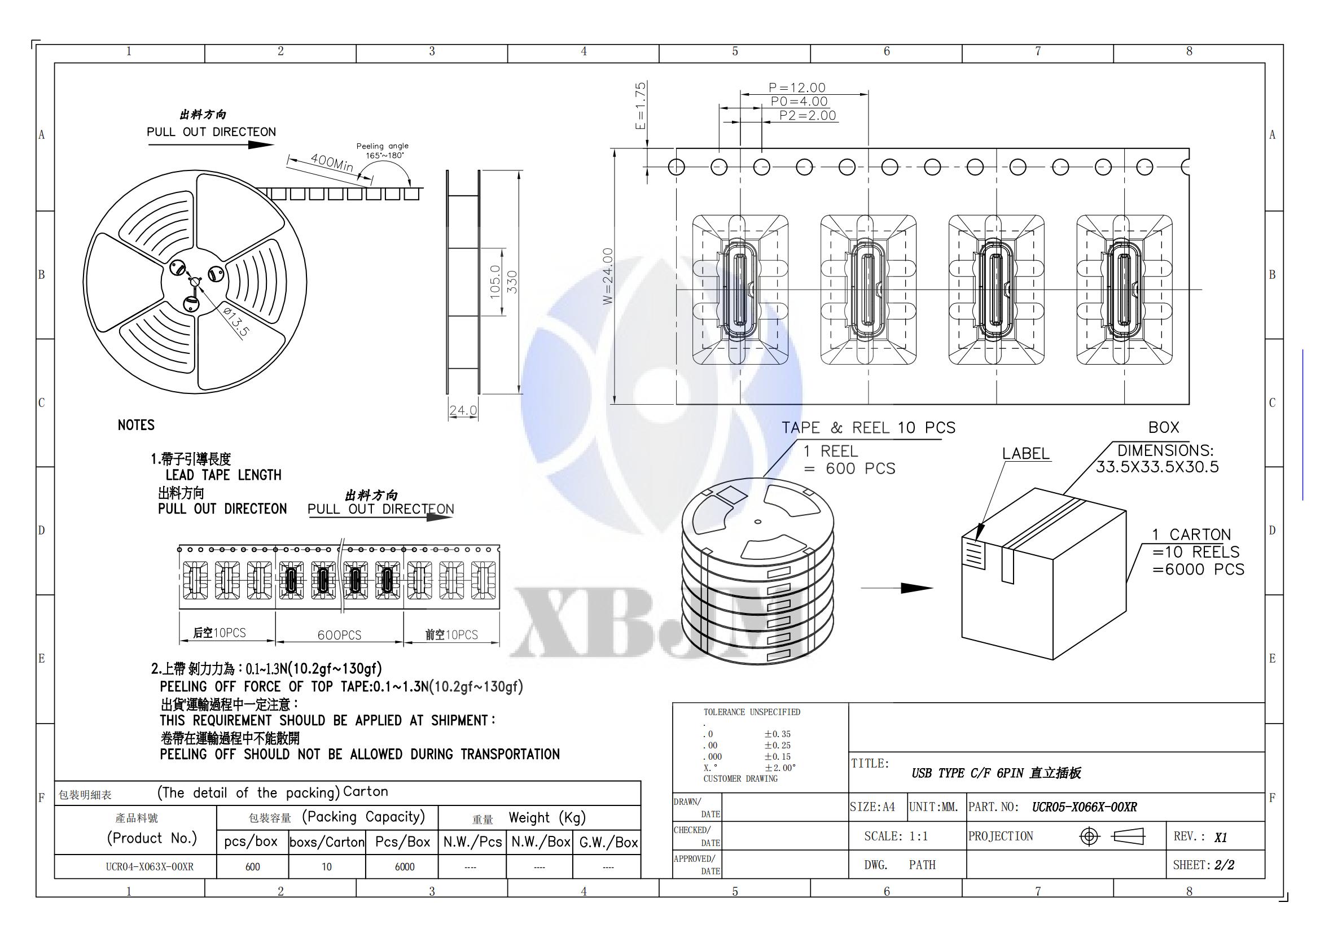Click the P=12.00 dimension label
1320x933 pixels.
[x=797, y=87]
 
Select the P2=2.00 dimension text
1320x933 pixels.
[x=807, y=115]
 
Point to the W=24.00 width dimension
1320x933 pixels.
[x=608, y=276]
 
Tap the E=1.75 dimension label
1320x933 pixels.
[x=641, y=106]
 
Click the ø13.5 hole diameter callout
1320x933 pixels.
[x=236, y=322]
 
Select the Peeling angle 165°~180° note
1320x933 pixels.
[x=383, y=151]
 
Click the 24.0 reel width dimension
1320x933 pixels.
[x=463, y=410]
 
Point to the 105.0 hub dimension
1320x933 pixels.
[x=495, y=282]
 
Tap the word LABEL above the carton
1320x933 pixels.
[x=1025, y=453]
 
